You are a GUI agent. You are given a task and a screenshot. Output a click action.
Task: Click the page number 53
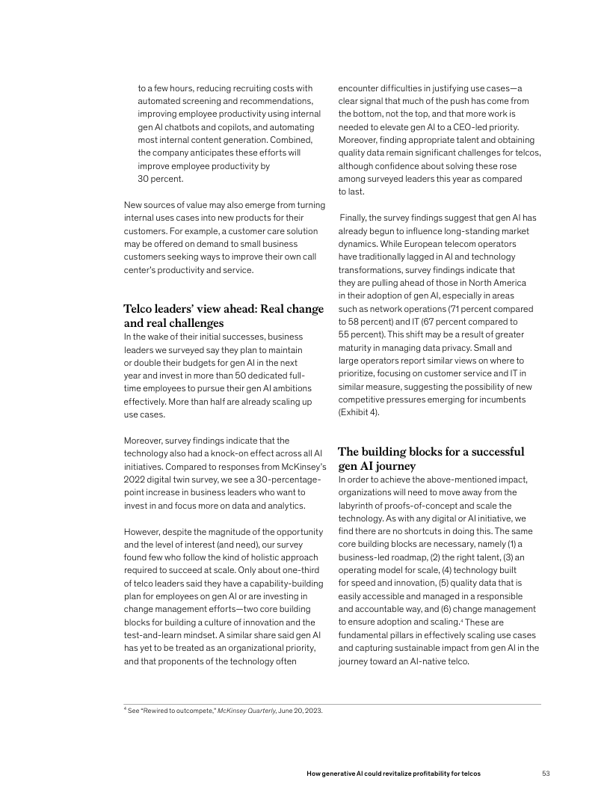[x=546, y=772]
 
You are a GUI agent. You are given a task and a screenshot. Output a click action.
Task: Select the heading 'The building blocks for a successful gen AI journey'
[x=431, y=459]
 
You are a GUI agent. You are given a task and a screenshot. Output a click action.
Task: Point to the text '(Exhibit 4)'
[x=359, y=411]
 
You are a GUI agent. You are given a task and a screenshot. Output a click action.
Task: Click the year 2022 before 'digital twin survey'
[x=136, y=480]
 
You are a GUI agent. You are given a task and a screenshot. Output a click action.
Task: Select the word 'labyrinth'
[x=358, y=505]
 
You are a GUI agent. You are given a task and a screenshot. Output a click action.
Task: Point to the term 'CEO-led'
[x=479, y=127]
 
